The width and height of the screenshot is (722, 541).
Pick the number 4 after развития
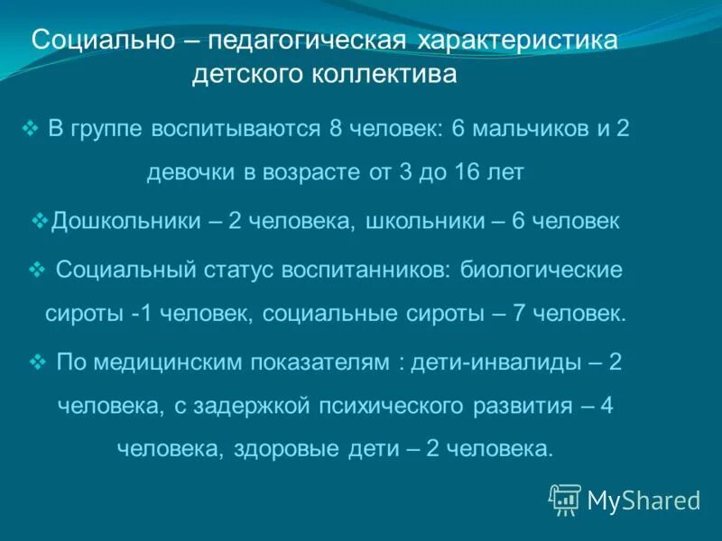click(606, 406)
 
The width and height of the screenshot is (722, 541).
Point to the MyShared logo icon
click(565, 500)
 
